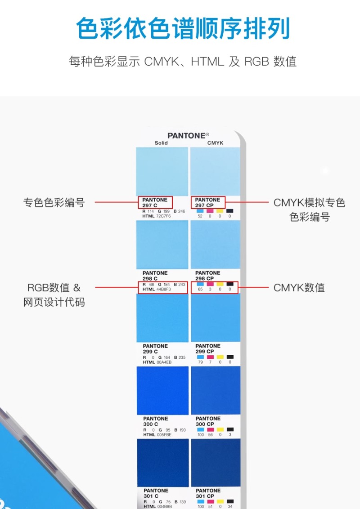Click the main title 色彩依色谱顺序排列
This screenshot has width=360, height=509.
(183, 29)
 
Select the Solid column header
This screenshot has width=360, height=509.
(161, 143)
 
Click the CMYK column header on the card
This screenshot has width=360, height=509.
(215, 143)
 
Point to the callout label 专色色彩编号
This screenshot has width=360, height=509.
(54, 202)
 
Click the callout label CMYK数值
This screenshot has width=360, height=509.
(299, 287)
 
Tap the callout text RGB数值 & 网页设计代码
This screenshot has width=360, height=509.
(54, 295)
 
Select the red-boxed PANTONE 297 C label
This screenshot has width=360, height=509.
(155, 202)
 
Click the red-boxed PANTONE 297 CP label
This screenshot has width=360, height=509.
(208, 202)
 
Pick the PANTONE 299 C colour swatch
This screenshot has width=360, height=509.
(162, 318)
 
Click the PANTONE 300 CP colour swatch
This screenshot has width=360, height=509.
(216, 390)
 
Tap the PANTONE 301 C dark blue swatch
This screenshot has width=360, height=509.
(163, 463)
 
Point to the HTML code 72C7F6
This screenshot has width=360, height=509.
(164, 216)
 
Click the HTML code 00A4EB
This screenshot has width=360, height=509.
(164, 362)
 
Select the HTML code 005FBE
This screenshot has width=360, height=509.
(164, 435)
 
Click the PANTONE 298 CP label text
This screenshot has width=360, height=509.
(207, 276)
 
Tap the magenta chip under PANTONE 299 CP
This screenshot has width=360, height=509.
(210, 357)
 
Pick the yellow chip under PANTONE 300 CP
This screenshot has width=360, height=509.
(220, 429)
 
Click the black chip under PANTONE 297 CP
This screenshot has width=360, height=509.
(230, 211)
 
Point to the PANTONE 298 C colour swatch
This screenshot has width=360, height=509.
(162, 245)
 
